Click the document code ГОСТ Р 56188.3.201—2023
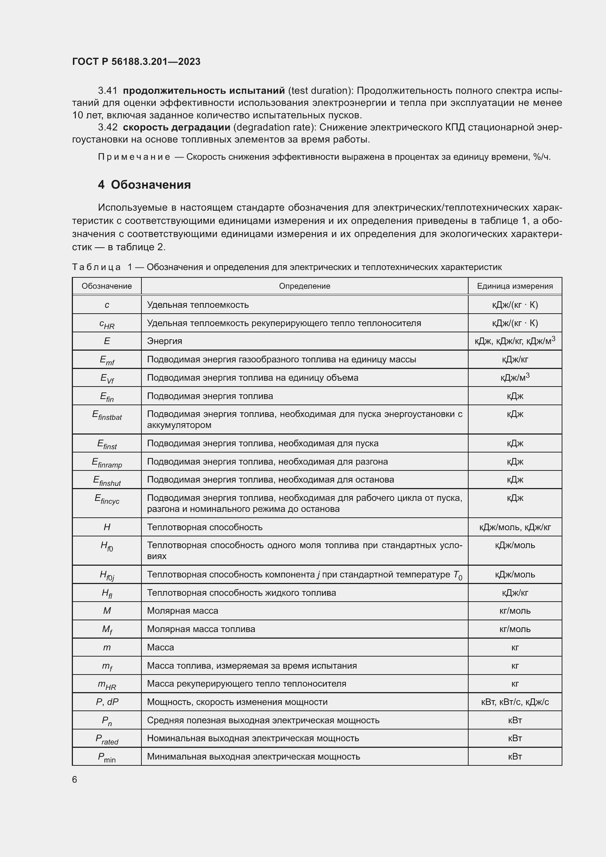(x=136, y=62)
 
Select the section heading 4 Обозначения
(x=144, y=185)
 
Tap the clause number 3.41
(x=107, y=91)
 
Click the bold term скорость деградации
(x=177, y=127)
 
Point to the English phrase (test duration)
(x=321, y=91)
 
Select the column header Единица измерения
(x=514, y=286)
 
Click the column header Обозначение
(x=107, y=286)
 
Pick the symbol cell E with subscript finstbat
(x=107, y=415)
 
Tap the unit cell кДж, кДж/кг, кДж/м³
(x=514, y=341)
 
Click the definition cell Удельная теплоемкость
(x=198, y=305)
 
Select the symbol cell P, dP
(x=107, y=702)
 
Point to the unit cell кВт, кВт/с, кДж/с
(x=514, y=702)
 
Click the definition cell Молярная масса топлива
(x=201, y=629)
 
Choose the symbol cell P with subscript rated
(x=107, y=739)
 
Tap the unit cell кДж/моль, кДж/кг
(x=514, y=527)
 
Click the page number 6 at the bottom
(x=75, y=780)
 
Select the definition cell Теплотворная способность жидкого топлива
(x=241, y=593)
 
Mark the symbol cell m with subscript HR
(x=107, y=684)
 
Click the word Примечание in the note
(x=134, y=157)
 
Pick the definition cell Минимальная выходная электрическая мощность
(x=254, y=757)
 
